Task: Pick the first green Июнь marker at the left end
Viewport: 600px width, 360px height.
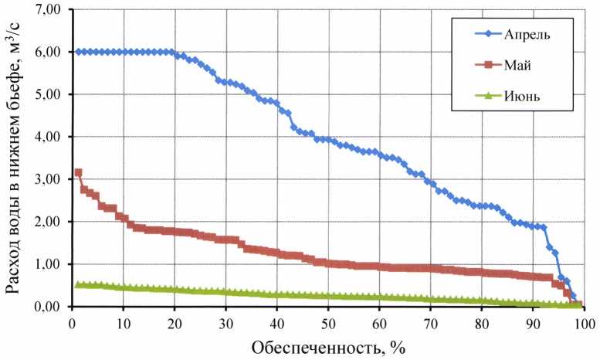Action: point(78,284)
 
